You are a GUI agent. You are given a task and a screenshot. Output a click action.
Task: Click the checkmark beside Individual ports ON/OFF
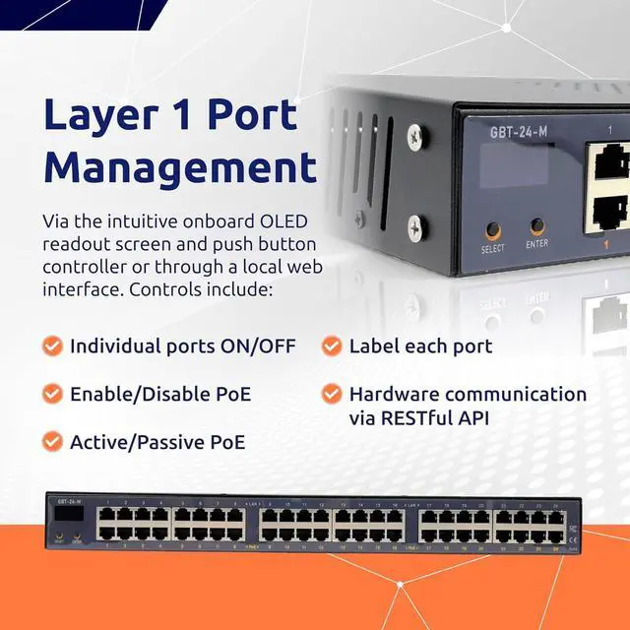(x=52, y=346)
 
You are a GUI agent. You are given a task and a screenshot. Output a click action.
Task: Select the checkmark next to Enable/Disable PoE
(x=52, y=395)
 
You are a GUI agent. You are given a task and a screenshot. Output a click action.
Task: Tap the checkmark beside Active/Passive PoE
(x=52, y=442)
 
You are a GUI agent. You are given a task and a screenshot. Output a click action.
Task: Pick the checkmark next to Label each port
(x=332, y=346)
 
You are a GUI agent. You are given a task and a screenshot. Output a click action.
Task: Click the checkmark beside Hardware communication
(x=332, y=395)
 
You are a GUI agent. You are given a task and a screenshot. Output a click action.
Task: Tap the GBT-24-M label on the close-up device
(x=519, y=132)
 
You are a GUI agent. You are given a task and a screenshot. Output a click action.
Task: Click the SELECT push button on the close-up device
(x=493, y=230)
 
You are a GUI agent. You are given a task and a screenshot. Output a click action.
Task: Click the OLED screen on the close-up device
(x=513, y=165)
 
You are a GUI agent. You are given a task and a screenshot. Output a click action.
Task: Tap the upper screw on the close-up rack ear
(x=417, y=135)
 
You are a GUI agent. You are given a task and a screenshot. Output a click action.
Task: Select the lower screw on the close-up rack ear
(x=417, y=227)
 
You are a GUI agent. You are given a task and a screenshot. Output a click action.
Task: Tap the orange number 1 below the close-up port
(x=609, y=244)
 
